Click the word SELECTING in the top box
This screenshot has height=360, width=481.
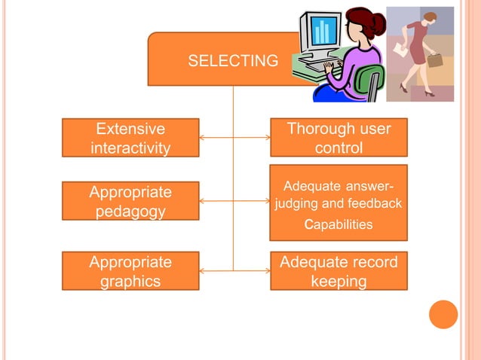coord(232,61)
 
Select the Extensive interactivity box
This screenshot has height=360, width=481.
coord(130,137)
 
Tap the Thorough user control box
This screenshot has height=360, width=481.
coord(339,137)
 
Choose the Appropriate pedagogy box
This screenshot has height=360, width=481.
coord(130,201)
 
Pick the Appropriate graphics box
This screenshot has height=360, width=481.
coord(130,271)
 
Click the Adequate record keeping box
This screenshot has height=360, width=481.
coord(339,271)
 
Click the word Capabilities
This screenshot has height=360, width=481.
coord(338,224)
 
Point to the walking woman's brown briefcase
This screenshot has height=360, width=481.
coord(436,59)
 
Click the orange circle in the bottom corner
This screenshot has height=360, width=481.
coord(443,314)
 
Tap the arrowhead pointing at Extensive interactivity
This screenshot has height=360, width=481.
coord(203,138)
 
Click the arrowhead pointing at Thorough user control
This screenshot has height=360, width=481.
coord(266,138)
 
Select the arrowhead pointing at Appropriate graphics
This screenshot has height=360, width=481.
coord(203,271)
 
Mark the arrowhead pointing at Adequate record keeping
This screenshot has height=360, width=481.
coord(266,271)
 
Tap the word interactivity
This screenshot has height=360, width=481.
coord(130,147)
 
